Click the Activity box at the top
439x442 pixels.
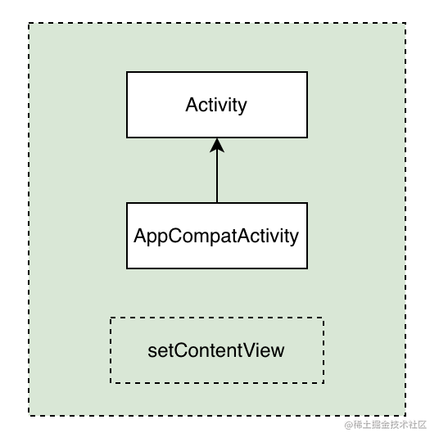(x=216, y=105)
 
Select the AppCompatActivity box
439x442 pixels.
(x=216, y=236)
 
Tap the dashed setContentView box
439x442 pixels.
(x=216, y=350)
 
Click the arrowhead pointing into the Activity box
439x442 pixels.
(x=216, y=146)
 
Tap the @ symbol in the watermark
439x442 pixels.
(x=348, y=426)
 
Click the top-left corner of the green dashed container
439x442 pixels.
(x=29, y=23)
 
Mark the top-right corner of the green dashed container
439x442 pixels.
(x=405, y=23)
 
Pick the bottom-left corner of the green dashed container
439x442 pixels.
(x=29, y=416)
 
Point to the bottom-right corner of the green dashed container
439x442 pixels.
(x=405, y=416)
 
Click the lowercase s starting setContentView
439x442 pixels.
(x=152, y=351)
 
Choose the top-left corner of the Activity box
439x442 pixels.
(x=127, y=72)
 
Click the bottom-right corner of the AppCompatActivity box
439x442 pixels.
(x=307, y=268)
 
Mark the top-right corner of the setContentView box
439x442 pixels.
(x=323, y=318)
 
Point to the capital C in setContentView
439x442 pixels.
(x=179, y=350)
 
